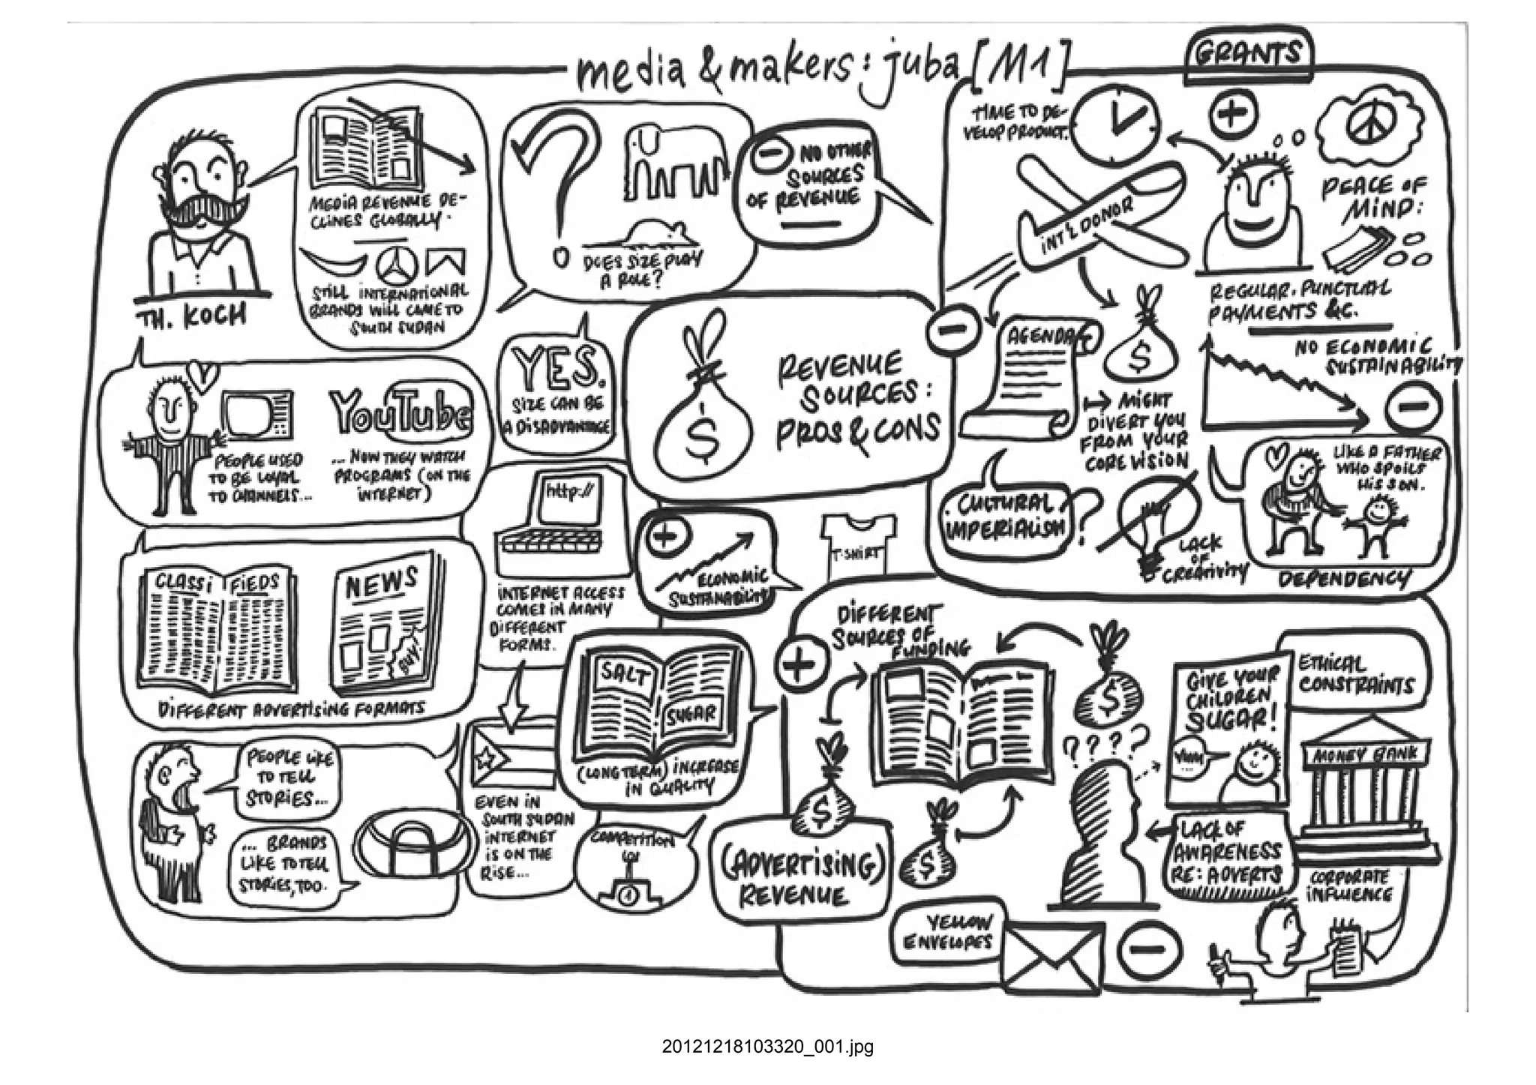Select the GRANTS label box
click(1248, 55)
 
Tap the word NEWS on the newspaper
click(380, 583)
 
